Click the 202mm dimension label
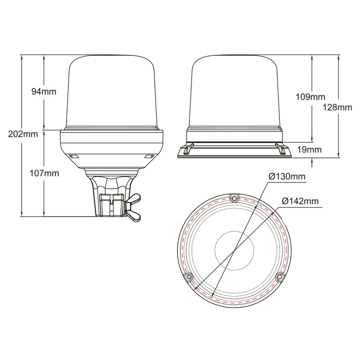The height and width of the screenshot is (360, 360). point(23,134)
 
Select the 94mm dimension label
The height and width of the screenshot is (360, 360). point(44,92)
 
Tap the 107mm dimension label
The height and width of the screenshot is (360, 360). point(44,173)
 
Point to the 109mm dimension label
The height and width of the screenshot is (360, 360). point(310,97)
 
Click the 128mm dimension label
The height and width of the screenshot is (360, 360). point(337,107)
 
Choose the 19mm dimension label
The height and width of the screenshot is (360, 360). point(310,150)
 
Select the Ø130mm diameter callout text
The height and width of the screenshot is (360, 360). point(287,176)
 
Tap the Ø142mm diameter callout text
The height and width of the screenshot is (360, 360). point(300,201)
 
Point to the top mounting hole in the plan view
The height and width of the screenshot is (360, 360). point(234,198)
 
